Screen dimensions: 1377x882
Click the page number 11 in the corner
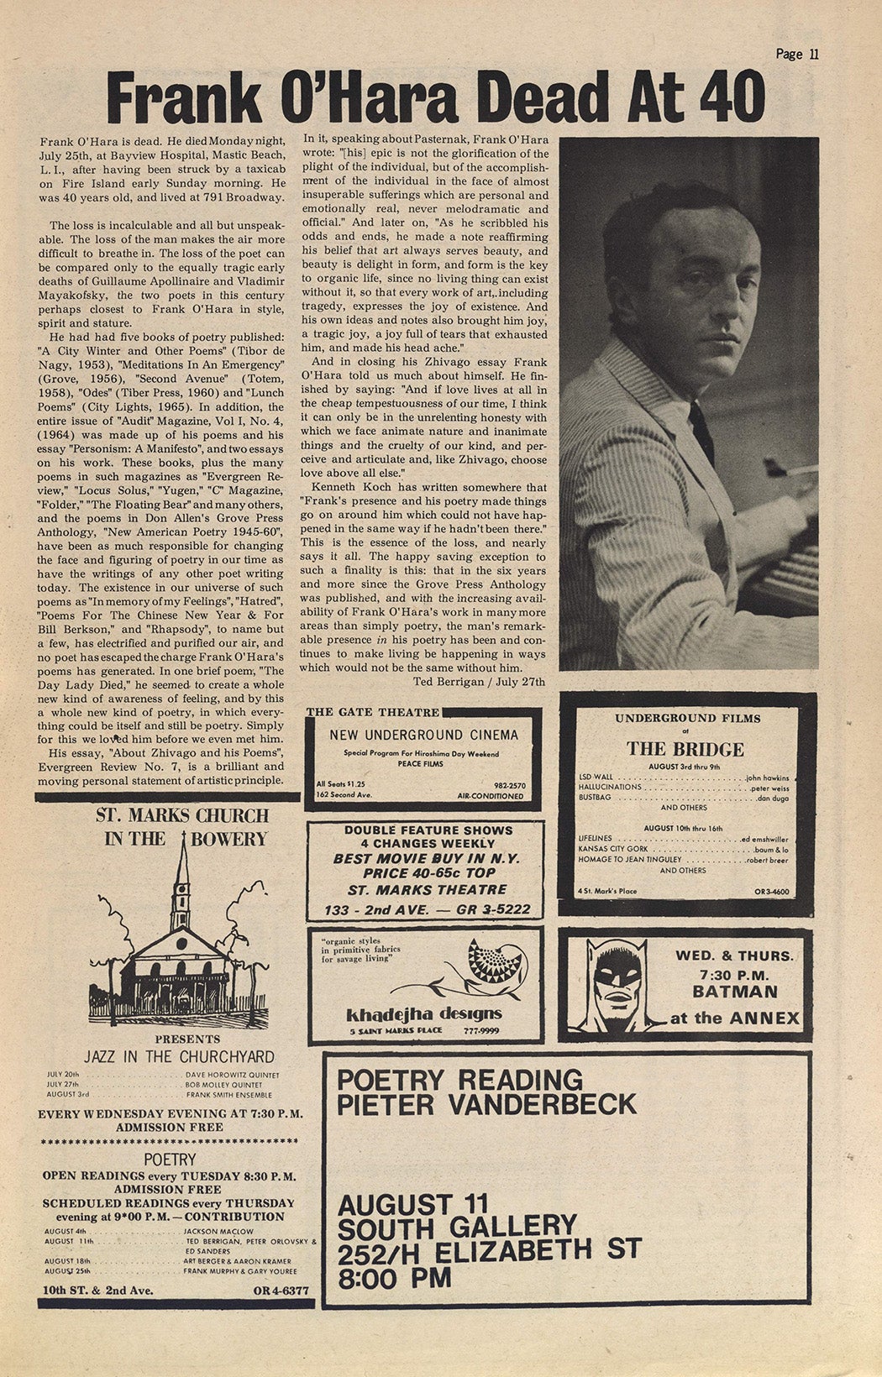click(x=811, y=55)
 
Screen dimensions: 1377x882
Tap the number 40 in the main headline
click(x=727, y=97)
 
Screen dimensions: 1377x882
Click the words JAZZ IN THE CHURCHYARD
click(x=179, y=1056)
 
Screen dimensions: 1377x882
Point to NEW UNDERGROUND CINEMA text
click(x=423, y=735)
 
